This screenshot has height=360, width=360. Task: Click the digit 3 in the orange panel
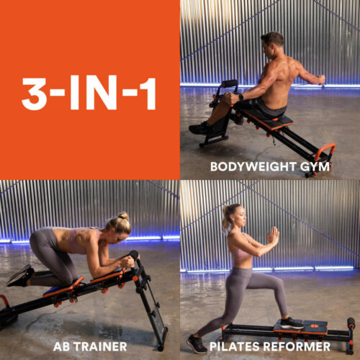[x=34, y=94]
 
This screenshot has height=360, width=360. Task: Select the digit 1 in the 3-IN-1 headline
[x=148, y=93]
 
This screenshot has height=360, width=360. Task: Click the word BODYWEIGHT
[x=253, y=166]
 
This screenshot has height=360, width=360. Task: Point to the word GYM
[x=315, y=166]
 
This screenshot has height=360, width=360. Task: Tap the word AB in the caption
[x=62, y=346]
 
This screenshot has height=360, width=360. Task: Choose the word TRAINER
[x=100, y=346]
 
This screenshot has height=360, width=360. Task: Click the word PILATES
[x=235, y=346]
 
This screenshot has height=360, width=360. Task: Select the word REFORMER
[x=297, y=346]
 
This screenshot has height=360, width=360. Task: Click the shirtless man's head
[x=272, y=45]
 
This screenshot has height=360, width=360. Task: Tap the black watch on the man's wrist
[x=241, y=97]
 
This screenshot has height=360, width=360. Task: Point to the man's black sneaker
[x=199, y=128]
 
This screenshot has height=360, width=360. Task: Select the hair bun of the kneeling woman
[x=124, y=217]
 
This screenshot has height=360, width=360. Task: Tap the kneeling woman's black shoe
[x=20, y=276]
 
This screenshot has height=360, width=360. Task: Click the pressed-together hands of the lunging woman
[x=274, y=236]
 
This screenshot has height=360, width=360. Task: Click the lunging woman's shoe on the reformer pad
[x=292, y=323]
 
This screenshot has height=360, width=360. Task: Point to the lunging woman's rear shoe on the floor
[x=197, y=344]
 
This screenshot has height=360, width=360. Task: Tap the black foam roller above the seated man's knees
[x=229, y=84]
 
